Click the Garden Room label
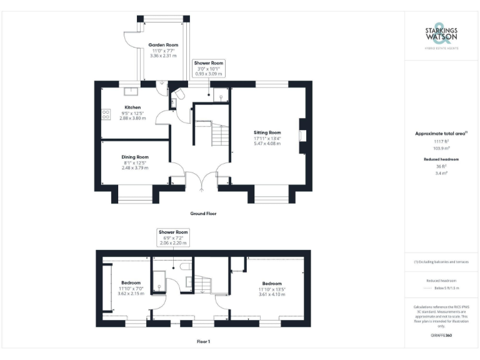tap(163, 45)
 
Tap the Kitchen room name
tap(132, 107)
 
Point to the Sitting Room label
tap(267, 132)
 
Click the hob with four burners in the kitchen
tap(106, 115)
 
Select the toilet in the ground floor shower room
tap(179, 94)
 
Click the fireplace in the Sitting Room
tap(301, 136)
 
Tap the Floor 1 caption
tap(203, 342)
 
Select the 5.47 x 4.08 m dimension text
tap(267, 144)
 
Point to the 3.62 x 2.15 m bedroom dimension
tap(132, 294)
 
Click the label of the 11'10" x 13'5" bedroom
tap(272, 283)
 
